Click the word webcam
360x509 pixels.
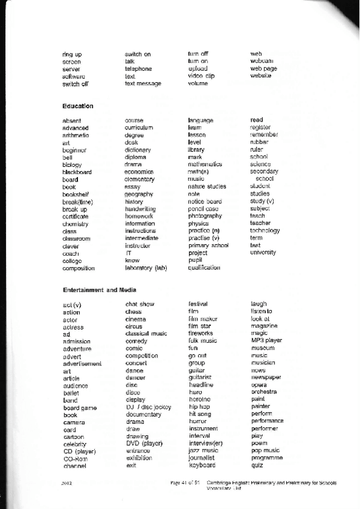pyautogui.click(x=262, y=61)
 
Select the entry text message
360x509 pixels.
pyautogui.click(x=143, y=83)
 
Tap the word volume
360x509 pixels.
pyautogui.click(x=197, y=83)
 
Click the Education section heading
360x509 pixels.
pyautogui.click(x=77, y=106)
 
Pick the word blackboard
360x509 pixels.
pyautogui.click(x=77, y=172)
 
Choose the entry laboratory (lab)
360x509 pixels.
pyautogui.click(x=146, y=268)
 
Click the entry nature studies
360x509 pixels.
pyautogui.click(x=207, y=187)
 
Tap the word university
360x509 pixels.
pyautogui.click(x=263, y=253)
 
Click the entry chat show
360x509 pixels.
pyautogui.click(x=140, y=304)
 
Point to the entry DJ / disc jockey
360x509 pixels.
pyautogui.click(x=149, y=408)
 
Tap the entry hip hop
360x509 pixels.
pyautogui.click(x=199, y=406)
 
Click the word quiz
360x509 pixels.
pyautogui.click(x=257, y=465)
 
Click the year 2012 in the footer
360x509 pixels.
pyautogui.click(x=68, y=483)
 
